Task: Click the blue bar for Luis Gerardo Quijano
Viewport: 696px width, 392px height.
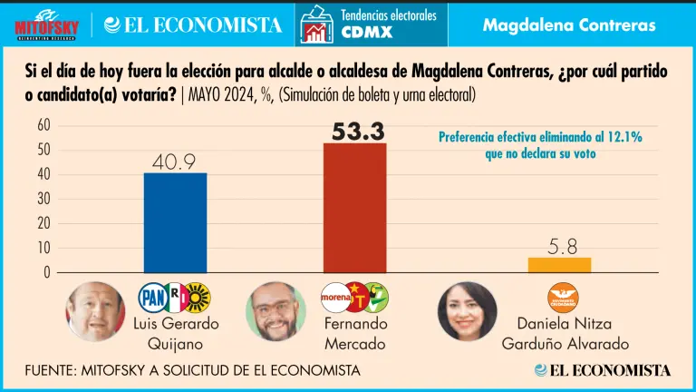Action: click(175, 222)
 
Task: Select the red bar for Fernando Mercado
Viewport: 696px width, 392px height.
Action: click(354, 207)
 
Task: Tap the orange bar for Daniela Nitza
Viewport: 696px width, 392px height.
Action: click(559, 264)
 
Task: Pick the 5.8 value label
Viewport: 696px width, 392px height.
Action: click(559, 245)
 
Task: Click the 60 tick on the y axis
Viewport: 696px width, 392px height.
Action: click(43, 125)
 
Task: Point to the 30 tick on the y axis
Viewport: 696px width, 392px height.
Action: click(43, 199)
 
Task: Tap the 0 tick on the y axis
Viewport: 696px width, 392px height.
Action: click(47, 272)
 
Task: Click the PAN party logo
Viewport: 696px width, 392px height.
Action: click(150, 297)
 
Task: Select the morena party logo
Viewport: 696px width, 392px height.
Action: click(336, 297)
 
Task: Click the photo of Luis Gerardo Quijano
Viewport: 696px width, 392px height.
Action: click(95, 311)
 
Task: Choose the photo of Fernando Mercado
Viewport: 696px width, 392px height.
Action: click(275, 311)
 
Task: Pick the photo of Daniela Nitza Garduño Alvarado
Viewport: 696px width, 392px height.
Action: click(468, 311)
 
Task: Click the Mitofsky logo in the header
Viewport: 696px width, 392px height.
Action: click(47, 24)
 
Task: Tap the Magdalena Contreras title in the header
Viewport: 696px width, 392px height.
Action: click(569, 24)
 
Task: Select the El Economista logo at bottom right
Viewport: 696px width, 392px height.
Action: click(603, 370)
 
